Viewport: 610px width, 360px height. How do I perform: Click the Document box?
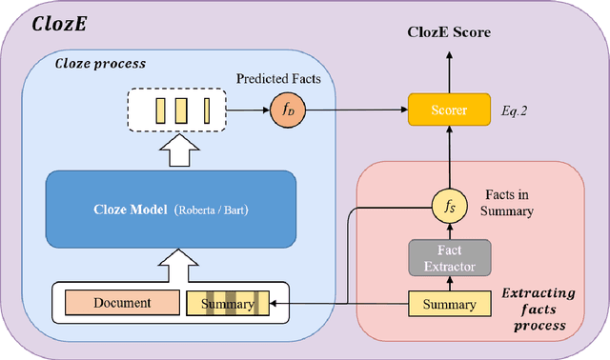click(122, 304)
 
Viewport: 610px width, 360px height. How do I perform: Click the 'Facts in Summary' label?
click(506, 201)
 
